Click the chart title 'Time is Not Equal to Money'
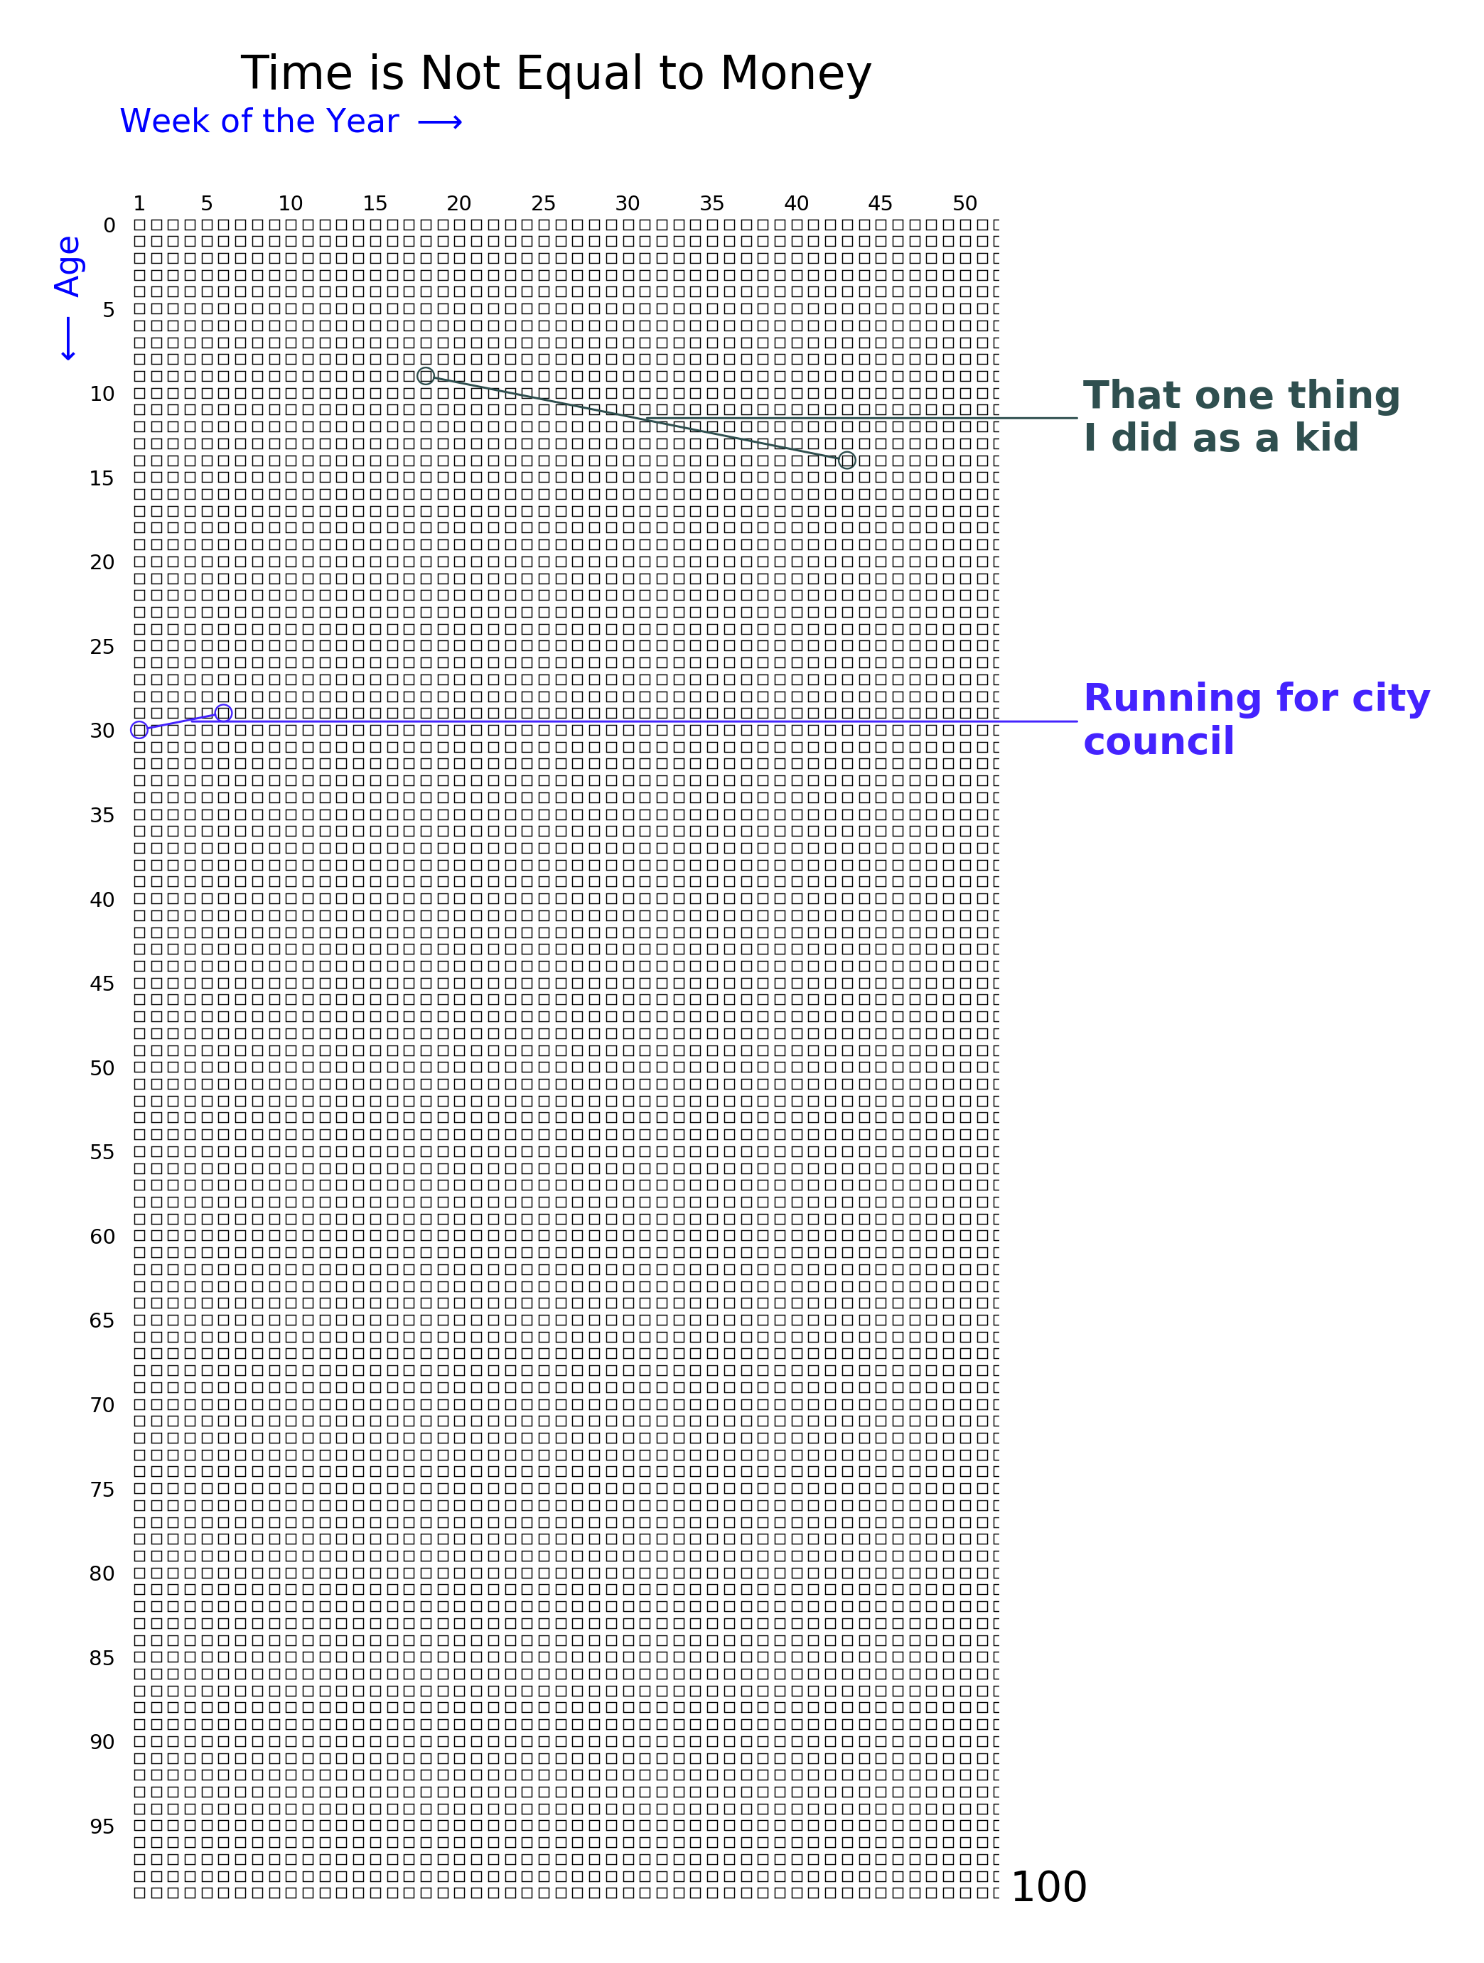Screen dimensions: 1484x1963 point(556,74)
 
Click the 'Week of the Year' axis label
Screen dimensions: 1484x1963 point(259,122)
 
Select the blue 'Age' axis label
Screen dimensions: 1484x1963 point(68,267)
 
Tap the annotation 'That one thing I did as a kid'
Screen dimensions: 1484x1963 point(1241,416)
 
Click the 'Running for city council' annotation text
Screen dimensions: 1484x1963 point(1256,720)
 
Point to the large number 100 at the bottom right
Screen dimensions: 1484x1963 point(1048,1888)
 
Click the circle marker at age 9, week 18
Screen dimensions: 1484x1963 point(426,376)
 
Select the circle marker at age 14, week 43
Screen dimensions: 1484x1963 point(846,461)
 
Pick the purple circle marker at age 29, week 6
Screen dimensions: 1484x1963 point(224,714)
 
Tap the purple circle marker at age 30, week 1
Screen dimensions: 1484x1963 point(139,731)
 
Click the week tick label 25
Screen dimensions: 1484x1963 point(543,204)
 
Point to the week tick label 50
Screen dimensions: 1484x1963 point(964,204)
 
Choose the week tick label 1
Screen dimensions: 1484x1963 point(139,204)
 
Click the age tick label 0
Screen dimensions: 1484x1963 point(109,226)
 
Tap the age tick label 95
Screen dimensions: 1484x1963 point(102,1827)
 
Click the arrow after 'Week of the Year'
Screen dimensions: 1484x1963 point(440,122)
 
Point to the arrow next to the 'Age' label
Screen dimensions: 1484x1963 point(68,339)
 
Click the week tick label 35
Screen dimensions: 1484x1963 point(712,204)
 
